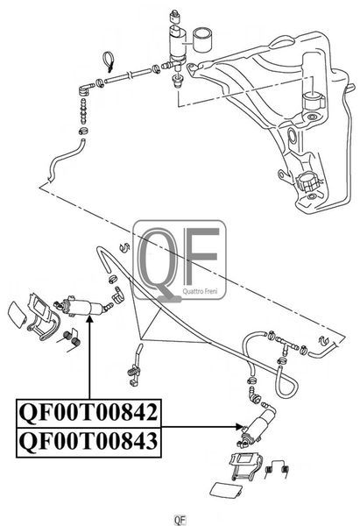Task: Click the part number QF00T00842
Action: point(88,413)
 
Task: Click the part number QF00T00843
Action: point(88,442)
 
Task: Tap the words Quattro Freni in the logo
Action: point(200,291)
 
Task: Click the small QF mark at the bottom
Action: point(180,520)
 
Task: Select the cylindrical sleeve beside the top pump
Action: point(202,40)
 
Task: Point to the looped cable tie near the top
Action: point(109,62)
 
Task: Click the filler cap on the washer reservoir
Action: point(307,183)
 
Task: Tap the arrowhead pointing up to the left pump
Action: point(89,320)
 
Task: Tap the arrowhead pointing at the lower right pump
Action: point(240,427)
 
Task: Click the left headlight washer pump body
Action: point(82,307)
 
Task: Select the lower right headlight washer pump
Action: point(258,425)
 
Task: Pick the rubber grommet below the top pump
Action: point(177,81)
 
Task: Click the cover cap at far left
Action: point(17,316)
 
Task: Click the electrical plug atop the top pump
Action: point(174,16)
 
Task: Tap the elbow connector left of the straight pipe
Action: point(86,89)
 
